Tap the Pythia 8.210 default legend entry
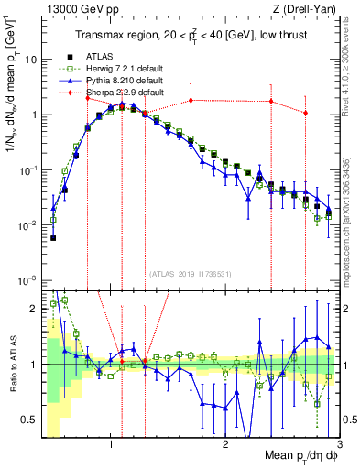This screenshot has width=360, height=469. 124,81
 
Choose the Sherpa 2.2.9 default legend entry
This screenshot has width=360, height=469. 125,93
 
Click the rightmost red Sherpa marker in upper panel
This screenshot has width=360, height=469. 305,113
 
